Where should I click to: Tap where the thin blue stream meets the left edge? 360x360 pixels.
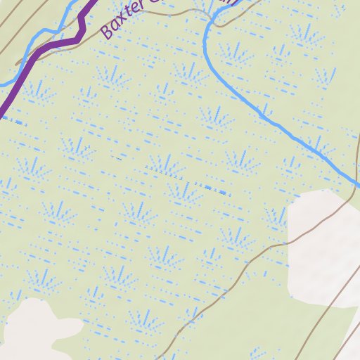point(1,84)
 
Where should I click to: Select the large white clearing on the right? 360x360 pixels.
point(323,239)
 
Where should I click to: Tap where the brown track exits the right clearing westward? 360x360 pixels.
point(288,243)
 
